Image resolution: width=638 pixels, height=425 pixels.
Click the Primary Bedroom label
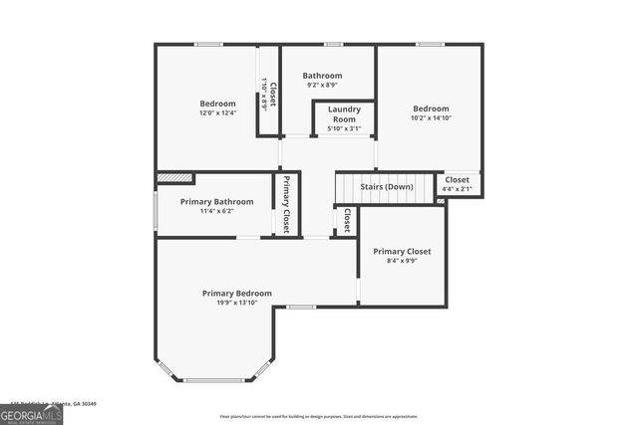[x=236, y=294]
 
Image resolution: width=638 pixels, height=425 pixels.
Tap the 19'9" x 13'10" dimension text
[x=236, y=303]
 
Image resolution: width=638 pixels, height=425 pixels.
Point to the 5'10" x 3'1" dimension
[x=344, y=128]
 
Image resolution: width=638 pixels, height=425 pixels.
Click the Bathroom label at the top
[x=322, y=76]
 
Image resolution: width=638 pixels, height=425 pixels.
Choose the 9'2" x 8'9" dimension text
[x=322, y=85]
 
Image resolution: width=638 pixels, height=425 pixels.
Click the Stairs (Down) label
[x=387, y=187]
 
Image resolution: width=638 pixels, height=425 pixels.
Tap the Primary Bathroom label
[x=216, y=201]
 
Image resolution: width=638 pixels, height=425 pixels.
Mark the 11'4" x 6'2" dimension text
[x=216, y=211]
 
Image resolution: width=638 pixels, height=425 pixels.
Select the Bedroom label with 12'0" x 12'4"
[x=217, y=104]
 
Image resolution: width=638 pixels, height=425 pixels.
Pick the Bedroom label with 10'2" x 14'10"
[x=431, y=108]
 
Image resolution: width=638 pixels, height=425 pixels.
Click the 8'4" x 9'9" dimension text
[x=402, y=261]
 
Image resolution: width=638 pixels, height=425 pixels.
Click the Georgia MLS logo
[x=31, y=413]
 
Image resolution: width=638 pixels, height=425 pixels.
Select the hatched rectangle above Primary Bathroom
[x=174, y=178]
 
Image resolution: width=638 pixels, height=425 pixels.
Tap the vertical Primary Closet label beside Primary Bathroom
[x=286, y=204]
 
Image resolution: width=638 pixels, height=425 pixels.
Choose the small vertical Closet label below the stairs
[x=346, y=220]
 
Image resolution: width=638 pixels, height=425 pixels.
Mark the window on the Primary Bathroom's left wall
[x=155, y=211]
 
